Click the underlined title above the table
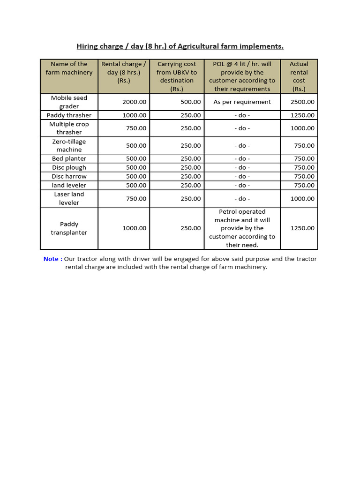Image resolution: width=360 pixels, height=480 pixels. tap(180, 46)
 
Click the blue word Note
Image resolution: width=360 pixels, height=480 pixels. tap(51, 259)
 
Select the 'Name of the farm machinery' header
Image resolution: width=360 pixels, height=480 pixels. tap(69, 68)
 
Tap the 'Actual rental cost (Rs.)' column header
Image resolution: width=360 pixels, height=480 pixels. tap(299, 76)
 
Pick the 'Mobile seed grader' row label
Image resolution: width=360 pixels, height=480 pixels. tap(69, 102)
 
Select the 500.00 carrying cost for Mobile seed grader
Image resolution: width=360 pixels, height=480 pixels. tap(190, 102)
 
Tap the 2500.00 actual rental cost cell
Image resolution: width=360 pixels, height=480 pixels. tap(302, 102)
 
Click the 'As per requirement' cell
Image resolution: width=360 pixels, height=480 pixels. tap(242, 102)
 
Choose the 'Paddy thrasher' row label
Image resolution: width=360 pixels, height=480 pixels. tap(69, 115)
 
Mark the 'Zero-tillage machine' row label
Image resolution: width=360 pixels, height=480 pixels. tap(69, 145)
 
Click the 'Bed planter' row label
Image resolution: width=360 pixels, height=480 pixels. tap(69, 158)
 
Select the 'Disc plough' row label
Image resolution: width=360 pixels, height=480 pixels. tap(69, 167)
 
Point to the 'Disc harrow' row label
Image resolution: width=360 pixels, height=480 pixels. tap(69, 176)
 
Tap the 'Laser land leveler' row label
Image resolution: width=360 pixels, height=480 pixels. tap(69, 198)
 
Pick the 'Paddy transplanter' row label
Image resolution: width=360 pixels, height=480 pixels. tap(69, 228)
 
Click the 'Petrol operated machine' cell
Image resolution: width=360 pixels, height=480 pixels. tap(242, 228)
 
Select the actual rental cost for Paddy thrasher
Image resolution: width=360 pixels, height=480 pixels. tap(302, 115)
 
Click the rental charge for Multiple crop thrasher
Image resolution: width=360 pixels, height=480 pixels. tap(136, 128)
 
